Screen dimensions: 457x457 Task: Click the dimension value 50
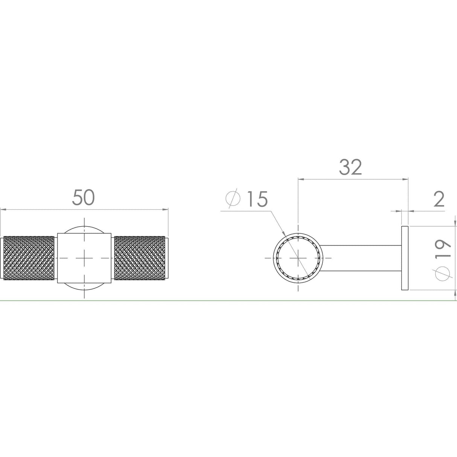pos(83,197)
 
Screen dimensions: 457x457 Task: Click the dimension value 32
pos(350,167)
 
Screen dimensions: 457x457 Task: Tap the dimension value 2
pos(439,199)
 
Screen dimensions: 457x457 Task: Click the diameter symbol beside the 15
pos(233,198)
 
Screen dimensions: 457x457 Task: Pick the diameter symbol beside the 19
pos(443,274)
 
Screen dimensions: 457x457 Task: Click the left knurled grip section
pos(29,258)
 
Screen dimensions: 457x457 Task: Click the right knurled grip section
pos(140,258)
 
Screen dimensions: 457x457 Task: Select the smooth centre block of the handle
pos(84,258)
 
